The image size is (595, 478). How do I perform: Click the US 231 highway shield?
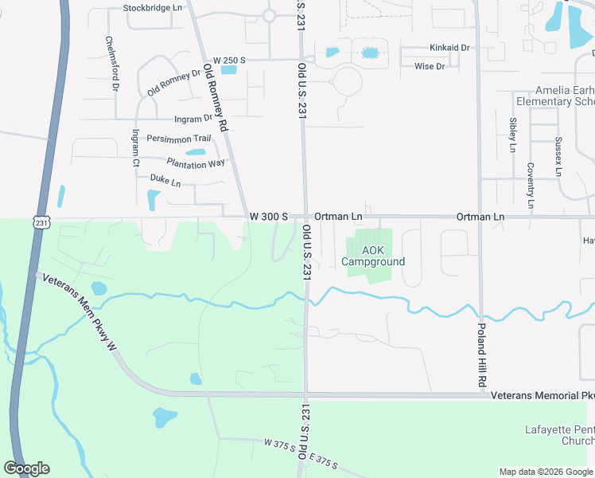click(42, 220)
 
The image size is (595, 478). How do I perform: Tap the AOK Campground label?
click(373, 256)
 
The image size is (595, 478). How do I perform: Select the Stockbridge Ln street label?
click(153, 8)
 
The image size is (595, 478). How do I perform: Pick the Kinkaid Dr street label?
click(449, 48)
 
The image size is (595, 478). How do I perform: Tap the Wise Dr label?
click(430, 66)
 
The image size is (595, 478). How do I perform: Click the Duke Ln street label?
click(165, 181)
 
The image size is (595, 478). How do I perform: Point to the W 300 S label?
click(268, 217)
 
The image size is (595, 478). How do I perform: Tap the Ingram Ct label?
click(136, 148)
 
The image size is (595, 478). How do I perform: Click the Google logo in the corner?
click(26, 468)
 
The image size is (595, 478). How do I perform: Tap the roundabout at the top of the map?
click(269, 15)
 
